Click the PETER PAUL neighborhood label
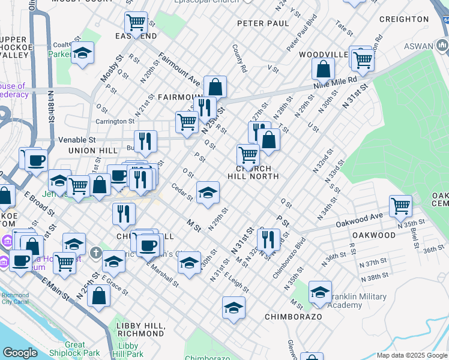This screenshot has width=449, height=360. tap(263, 23)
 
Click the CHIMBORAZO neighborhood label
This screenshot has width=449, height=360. tap(294, 316)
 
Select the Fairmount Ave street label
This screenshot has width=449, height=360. tap(179, 68)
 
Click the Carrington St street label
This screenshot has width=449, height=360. tap(116, 121)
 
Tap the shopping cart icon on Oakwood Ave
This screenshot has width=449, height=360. tap(400, 206)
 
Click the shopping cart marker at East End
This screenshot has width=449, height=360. tap(136, 23)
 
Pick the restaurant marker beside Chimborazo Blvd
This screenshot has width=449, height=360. tap(268, 239)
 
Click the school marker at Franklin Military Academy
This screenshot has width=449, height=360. tap(320, 292)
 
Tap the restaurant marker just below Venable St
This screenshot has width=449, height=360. tap(145, 141)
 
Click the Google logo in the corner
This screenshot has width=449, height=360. tap(20, 353)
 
